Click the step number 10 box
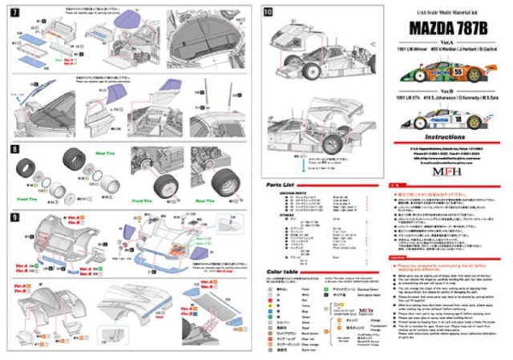[268, 12]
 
